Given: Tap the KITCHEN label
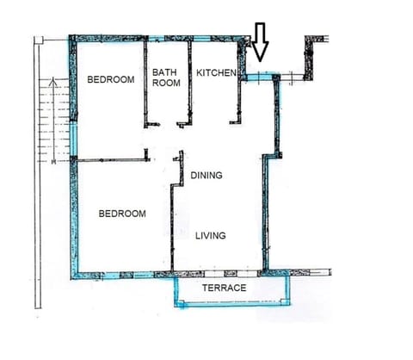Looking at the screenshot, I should point(216,74).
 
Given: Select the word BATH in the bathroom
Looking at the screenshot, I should point(164,73).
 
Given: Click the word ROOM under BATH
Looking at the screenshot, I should point(165,84).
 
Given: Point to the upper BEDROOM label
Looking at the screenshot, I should point(111,80).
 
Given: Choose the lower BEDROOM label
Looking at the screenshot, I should point(121,214).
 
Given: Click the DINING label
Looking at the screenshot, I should point(206,176).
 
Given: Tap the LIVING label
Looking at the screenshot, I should point(210,234).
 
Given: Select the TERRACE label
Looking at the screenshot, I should point(224,288).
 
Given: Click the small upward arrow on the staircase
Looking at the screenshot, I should point(54,84).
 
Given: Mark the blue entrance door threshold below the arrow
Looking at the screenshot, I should point(257,78).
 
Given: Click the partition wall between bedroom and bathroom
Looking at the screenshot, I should point(145,82).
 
